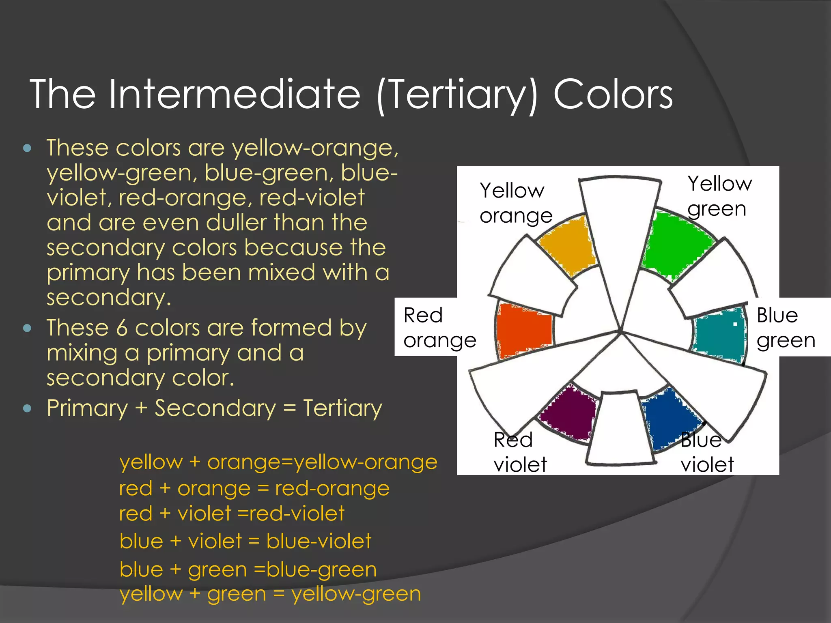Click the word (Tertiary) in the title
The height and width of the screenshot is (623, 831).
[x=457, y=95]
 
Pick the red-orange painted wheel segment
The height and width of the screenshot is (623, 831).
[x=523, y=329]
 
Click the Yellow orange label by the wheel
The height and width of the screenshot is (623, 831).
[x=515, y=203]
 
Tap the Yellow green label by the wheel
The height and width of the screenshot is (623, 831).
[x=719, y=196]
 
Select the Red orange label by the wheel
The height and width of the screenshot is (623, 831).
[x=439, y=327]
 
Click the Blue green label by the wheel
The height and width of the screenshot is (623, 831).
[x=786, y=327]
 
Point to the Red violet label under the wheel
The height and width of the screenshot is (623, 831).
[x=520, y=452]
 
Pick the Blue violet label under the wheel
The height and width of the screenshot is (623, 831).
[x=707, y=452]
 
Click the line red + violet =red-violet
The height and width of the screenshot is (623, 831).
[x=231, y=513]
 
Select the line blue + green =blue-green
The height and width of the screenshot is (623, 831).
[x=248, y=569]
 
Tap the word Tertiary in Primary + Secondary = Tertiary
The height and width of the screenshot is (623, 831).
[x=342, y=408]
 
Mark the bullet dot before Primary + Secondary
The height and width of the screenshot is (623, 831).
[x=27, y=408]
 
